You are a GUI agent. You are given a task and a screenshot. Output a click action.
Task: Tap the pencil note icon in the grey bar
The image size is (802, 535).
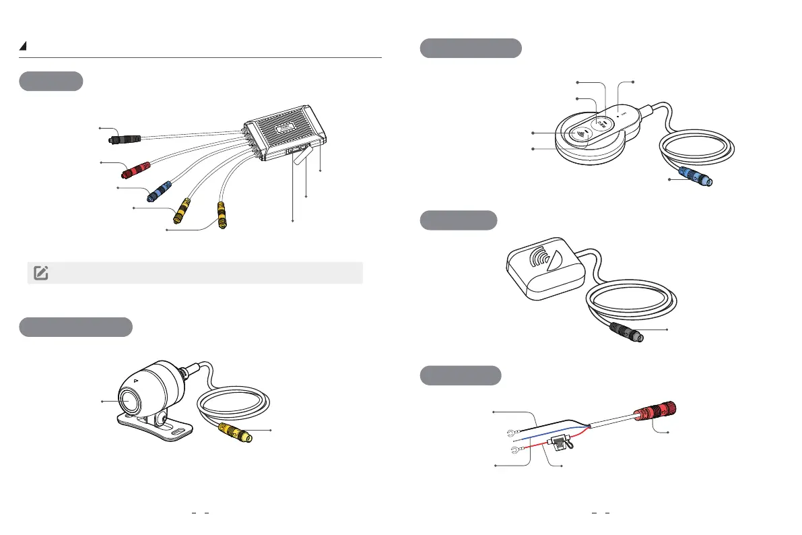coord(40,273)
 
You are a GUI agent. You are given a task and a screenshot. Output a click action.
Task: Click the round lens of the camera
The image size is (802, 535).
coord(130,400)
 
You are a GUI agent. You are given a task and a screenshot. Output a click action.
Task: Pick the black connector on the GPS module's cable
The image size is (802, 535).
coord(626,332)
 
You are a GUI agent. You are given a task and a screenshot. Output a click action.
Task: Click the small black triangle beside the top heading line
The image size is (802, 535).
coord(23,46)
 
